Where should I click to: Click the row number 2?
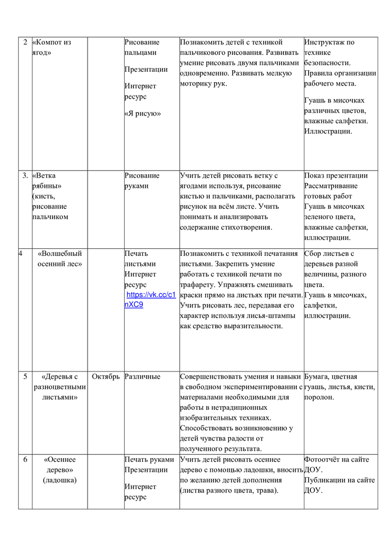click(x=25, y=42)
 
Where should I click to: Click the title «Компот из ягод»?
click(x=51, y=47)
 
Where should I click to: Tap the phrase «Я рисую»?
click(x=142, y=113)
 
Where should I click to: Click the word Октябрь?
click(x=106, y=376)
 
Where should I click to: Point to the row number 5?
click(x=25, y=376)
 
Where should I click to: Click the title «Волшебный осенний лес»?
click(x=60, y=259)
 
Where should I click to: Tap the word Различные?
click(x=142, y=376)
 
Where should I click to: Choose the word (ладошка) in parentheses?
click(x=60, y=480)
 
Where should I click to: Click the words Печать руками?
click(x=149, y=459)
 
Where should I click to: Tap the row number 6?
click(x=25, y=459)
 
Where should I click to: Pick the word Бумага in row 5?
click(x=317, y=376)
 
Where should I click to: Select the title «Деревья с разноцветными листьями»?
click(x=60, y=387)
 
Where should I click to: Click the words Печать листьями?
click(x=140, y=259)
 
